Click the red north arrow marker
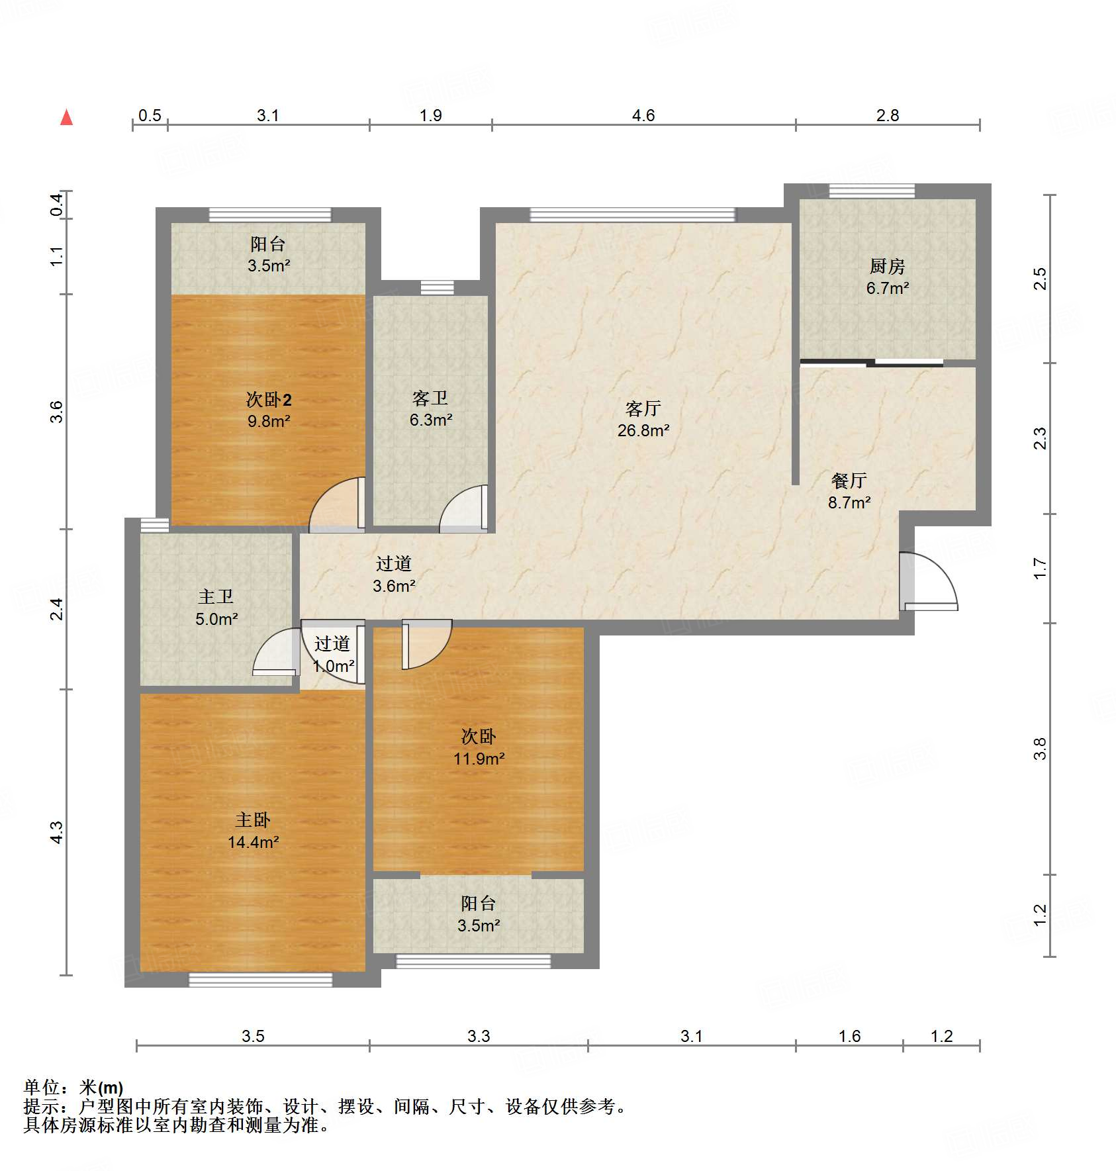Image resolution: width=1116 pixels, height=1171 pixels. [66, 117]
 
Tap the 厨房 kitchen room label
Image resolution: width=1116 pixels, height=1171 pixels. [887, 266]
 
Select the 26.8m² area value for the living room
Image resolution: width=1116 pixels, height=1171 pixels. [643, 430]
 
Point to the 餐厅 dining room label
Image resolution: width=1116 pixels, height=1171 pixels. [849, 480]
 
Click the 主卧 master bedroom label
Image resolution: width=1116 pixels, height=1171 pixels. [253, 820]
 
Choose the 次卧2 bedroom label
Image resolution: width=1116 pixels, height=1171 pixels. [269, 399]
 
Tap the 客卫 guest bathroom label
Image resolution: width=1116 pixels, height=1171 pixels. [430, 398]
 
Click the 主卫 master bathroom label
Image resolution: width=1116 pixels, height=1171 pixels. [216, 596]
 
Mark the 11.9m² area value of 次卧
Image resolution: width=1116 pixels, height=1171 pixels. [479, 759]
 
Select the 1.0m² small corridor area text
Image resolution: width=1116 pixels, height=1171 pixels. [334, 666]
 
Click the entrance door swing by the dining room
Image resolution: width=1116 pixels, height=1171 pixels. [928, 581]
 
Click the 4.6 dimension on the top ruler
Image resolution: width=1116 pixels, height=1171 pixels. [643, 115]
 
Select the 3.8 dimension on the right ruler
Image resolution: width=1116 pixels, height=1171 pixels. [1040, 749]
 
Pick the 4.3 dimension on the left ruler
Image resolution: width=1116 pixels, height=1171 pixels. [57, 832]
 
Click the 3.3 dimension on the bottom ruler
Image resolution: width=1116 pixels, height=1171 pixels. [479, 1036]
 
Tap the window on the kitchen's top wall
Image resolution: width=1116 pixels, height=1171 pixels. [872, 191]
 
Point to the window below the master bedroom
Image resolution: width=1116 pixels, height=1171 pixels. [261, 980]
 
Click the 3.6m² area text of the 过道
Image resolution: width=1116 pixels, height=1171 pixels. [394, 586]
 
